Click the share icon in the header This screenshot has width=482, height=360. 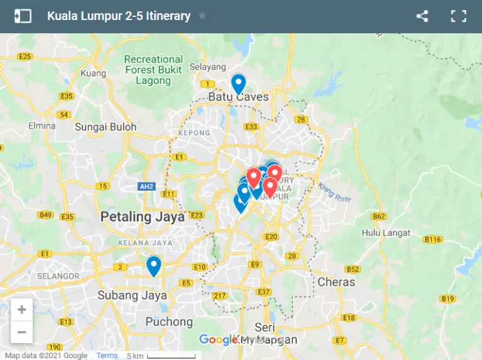(422, 16)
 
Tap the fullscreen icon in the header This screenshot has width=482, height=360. (459, 16)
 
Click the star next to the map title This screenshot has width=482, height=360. (202, 16)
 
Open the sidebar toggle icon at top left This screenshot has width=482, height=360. (23, 16)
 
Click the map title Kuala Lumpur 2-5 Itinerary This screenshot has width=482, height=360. (119, 16)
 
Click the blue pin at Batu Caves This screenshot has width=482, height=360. (238, 83)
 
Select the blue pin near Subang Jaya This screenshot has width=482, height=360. (154, 266)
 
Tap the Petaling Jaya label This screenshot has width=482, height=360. (143, 217)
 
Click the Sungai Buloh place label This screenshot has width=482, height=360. (105, 127)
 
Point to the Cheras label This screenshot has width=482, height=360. (336, 282)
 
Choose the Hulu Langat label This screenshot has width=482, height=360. (386, 233)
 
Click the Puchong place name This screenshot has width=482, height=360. (169, 321)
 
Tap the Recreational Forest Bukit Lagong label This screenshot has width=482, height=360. (153, 70)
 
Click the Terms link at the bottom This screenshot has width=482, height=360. (107, 356)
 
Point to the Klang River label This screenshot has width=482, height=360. (335, 192)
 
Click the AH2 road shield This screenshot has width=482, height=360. (147, 186)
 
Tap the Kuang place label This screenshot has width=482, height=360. (94, 73)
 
